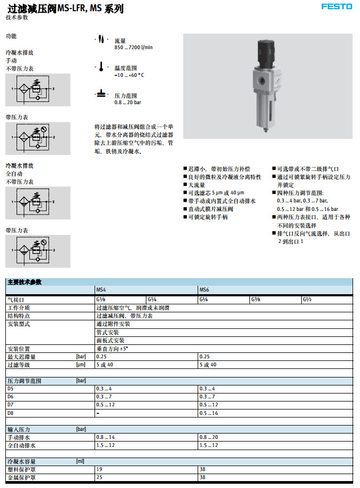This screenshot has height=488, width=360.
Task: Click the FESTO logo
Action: (x=337, y=7)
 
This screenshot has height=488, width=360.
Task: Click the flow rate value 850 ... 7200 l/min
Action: (x=134, y=48)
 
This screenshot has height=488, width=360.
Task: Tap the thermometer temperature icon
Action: (x=100, y=67)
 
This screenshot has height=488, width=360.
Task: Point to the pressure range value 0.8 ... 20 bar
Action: (x=128, y=102)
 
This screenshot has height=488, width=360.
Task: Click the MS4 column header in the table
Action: (x=100, y=290)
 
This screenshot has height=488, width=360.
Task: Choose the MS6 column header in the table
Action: (x=204, y=290)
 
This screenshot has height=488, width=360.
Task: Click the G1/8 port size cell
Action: (x=100, y=300)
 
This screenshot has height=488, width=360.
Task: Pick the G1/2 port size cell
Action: (x=307, y=300)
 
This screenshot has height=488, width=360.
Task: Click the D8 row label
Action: (x=10, y=413)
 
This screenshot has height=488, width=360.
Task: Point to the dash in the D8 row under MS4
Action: (x=98, y=413)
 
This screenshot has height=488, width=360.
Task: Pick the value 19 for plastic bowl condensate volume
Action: (x=99, y=469)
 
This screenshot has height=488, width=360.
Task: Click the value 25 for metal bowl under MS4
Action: (x=99, y=477)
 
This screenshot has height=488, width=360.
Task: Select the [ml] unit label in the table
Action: (x=81, y=461)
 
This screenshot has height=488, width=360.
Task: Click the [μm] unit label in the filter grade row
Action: (x=81, y=365)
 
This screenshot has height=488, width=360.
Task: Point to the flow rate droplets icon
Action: (x=100, y=41)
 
